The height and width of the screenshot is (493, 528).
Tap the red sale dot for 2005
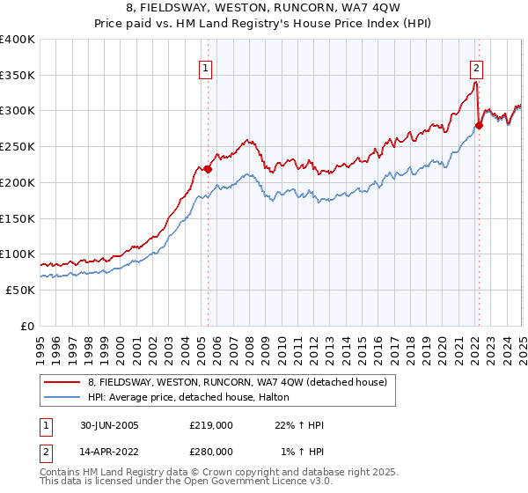coord(209,169)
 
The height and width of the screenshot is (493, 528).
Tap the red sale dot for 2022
coord(479,125)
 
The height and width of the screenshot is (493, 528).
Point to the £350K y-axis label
coord(18,76)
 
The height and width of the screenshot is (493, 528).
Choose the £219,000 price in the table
coord(211,425)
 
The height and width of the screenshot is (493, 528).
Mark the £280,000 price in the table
coord(211,452)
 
